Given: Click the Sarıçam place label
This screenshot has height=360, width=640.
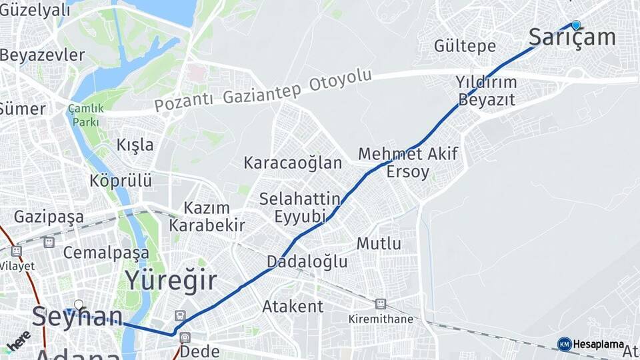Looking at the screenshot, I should click(x=571, y=38).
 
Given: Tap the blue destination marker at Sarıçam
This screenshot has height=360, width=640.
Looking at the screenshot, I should click(x=576, y=25).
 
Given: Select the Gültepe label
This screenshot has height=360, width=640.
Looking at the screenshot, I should click(x=465, y=46).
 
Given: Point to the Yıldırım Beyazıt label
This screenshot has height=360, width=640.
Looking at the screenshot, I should click(x=486, y=91).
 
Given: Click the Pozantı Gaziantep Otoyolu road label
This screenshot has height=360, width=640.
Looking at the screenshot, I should click(x=263, y=91).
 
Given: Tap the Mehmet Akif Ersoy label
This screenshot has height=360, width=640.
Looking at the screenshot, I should click(x=408, y=163).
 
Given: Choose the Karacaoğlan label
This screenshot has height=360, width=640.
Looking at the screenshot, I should click(x=293, y=163).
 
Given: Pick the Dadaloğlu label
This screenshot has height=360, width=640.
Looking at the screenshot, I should click(x=307, y=261).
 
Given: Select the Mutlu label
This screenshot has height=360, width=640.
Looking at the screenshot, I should click(x=379, y=243).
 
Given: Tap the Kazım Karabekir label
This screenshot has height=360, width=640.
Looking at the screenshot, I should click(x=207, y=217).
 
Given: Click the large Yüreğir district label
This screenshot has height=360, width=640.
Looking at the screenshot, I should click(x=171, y=281).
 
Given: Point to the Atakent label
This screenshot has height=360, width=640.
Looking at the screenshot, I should click(x=293, y=307).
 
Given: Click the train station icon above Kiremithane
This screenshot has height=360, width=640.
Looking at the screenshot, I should click(x=380, y=304).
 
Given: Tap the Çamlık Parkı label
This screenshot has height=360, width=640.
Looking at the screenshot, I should click(x=85, y=115).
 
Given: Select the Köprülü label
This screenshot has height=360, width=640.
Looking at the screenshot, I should click(x=121, y=181).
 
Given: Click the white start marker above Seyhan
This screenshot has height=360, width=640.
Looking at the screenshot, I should click(x=79, y=305).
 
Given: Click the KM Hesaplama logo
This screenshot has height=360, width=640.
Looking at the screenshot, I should click(x=591, y=344).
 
